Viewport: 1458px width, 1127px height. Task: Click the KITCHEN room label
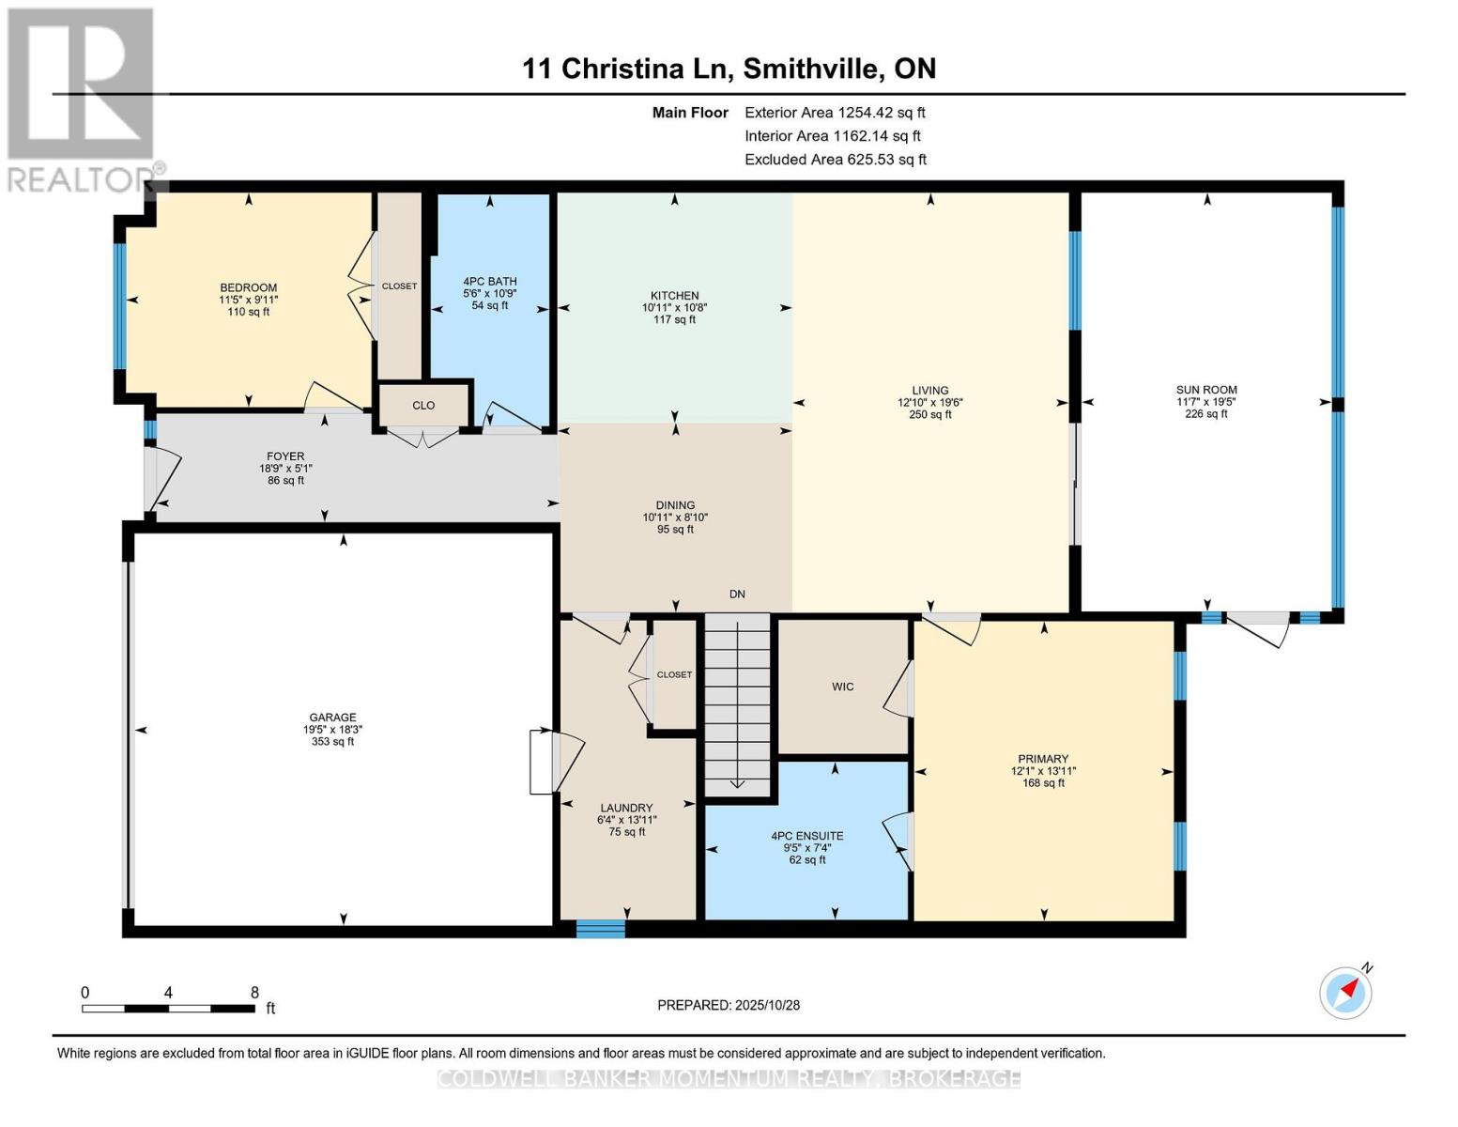coord(674,295)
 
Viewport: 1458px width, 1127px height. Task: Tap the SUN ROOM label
coord(1206,390)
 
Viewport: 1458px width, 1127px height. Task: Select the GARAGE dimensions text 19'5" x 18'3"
coord(332,729)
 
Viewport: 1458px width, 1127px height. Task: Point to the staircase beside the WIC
coord(738,704)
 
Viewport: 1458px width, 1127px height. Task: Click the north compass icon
coord(1345,992)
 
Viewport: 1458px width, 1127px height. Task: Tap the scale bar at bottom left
coord(168,1009)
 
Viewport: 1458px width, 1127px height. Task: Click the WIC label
coord(842,687)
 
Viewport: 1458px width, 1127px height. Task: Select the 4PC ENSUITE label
coord(806,836)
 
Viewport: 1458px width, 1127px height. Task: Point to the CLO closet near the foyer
coord(423,405)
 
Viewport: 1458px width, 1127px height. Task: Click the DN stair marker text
coord(737,594)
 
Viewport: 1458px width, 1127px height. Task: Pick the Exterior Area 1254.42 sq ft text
coord(835,113)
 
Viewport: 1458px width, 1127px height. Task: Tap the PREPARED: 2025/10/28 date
coord(729,1005)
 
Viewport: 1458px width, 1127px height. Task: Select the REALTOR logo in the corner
coord(83,99)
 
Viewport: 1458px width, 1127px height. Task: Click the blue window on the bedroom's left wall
coord(119,306)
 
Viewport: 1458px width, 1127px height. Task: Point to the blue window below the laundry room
coord(600,929)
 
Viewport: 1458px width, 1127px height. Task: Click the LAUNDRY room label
coord(626,808)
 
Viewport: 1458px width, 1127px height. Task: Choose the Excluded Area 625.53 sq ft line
coord(835,160)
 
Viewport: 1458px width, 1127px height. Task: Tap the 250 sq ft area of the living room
coord(929,414)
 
